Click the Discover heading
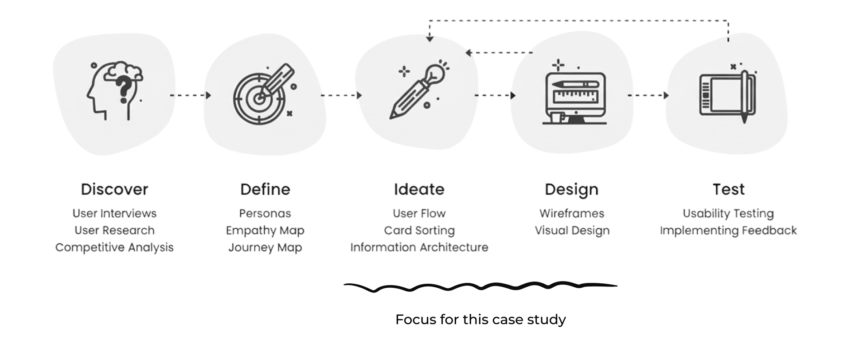coord(114,189)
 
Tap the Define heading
coord(265,189)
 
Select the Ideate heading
coord(419,189)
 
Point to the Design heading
coord(571,189)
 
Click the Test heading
coord(728,189)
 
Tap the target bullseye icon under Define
coord(259,98)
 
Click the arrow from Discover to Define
coord(190,95)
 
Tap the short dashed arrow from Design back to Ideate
coord(499,53)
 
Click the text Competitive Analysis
coord(114,247)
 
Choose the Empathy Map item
coord(265,231)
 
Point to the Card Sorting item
coord(419,231)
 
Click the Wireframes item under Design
coord(571,214)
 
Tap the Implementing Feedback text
coord(728,231)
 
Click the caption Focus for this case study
coord(480,320)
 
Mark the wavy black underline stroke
coord(480,287)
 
